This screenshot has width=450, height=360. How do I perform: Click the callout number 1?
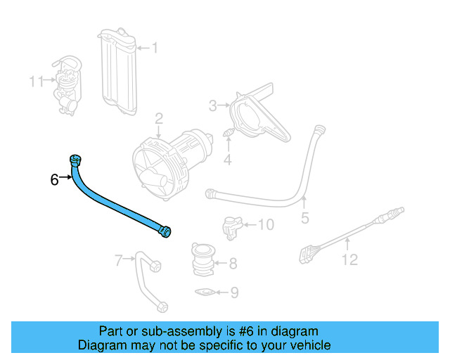pyautogui.click(x=155, y=48)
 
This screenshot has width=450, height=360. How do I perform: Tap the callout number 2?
pyautogui.click(x=160, y=117)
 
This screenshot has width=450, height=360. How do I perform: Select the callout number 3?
pyautogui.click(x=212, y=106)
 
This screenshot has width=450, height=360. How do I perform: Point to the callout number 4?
pyautogui.click(x=227, y=161)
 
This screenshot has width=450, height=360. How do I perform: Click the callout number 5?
pyautogui.click(x=304, y=218)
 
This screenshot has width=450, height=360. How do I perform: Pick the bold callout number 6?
pyautogui.click(x=55, y=179)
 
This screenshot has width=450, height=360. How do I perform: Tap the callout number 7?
pyautogui.click(x=119, y=261)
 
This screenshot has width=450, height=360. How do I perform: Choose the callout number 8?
pyautogui.click(x=233, y=264)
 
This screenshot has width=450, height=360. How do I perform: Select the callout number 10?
pyautogui.click(x=265, y=225)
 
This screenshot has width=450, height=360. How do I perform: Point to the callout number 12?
pyautogui.click(x=349, y=260)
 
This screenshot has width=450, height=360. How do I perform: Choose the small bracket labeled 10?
pyautogui.click(x=230, y=225)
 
